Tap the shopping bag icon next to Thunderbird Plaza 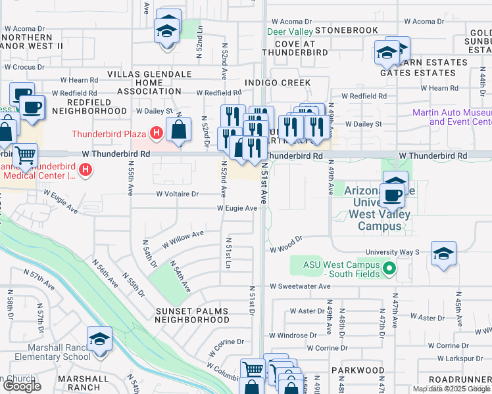[179, 129]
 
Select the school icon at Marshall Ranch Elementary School [100, 339]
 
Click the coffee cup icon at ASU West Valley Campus [393, 194]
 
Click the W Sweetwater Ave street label [300, 286]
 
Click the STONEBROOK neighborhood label [347, 30]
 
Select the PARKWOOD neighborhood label [357, 370]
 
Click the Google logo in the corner [22, 386]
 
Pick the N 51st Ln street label [229, 252]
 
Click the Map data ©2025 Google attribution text [452, 389]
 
